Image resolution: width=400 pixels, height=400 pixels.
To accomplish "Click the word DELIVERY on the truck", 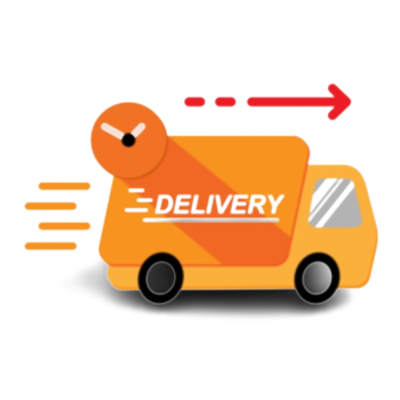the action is [x=218, y=205].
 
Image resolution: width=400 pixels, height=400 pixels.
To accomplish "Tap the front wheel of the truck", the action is [x=318, y=278].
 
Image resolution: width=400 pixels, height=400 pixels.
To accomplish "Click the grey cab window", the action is [x=334, y=203].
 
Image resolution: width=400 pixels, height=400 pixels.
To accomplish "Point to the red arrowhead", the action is [x=340, y=102].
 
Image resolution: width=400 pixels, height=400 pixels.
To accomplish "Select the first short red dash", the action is [x=194, y=102].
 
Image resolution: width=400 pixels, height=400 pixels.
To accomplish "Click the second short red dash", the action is [x=226, y=102].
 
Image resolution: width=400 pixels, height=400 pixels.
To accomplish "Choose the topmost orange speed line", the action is [x=64, y=186].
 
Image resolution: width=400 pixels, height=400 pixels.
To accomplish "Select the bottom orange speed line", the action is [x=50, y=246].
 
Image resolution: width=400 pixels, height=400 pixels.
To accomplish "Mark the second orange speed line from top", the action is [x=50, y=206].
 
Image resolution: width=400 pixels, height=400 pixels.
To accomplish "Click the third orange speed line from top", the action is [x=64, y=226].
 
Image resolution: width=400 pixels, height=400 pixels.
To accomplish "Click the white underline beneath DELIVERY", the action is [x=211, y=220].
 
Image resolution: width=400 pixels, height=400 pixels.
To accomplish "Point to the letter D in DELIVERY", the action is [x=164, y=205].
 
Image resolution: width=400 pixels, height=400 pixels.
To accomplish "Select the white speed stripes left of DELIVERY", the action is [x=137, y=201].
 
